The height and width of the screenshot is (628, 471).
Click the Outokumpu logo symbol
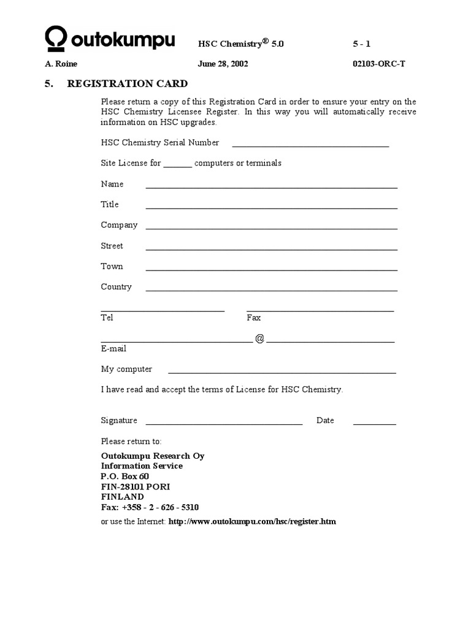click(55, 39)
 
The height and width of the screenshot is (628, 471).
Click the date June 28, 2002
click(223, 64)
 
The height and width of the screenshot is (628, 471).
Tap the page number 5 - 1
click(362, 44)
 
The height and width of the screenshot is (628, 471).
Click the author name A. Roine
click(61, 64)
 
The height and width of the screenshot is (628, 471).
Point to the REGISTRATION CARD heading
click(127, 83)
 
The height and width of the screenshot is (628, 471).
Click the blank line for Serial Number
click(310, 145)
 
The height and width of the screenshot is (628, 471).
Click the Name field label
click(112, 184)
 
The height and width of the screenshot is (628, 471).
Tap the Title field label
click(110, 204)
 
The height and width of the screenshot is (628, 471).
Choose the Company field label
click(119, 225)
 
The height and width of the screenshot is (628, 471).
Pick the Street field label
click(112, 246)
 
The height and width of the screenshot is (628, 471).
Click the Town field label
click(112, 266)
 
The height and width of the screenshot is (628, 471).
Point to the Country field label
click(116, 287)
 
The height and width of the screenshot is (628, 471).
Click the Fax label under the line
click(253, 318)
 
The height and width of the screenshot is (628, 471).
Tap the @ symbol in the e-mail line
click(259, 339)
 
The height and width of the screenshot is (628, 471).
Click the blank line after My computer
click(282, 372)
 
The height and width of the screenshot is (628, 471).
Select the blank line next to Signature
click(224, 423)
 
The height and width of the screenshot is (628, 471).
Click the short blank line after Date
click(374, 423)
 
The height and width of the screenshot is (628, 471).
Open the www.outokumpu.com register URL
click(252, 522)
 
